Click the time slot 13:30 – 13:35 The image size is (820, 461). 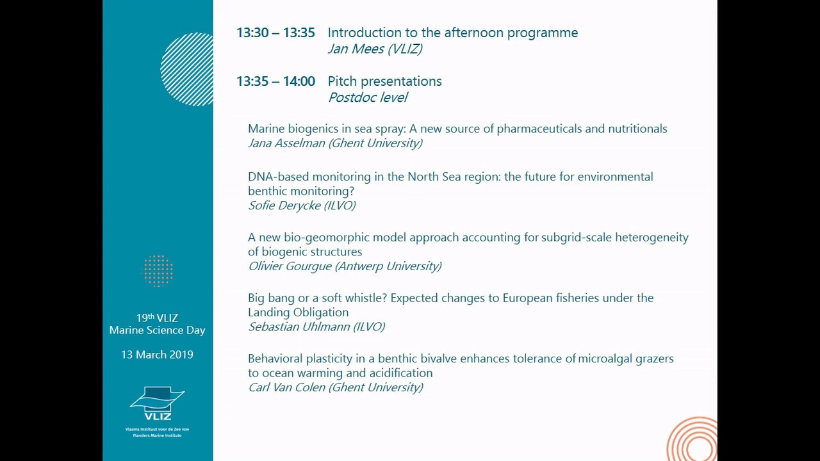275,33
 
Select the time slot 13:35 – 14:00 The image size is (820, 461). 275,81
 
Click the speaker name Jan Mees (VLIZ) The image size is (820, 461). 375,49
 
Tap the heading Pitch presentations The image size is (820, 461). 384,81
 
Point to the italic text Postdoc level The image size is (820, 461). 368,97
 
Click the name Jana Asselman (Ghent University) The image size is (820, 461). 335,143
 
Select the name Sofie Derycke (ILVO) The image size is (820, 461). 302,205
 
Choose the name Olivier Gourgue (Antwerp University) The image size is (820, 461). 345,266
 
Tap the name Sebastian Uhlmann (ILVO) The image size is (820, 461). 316,327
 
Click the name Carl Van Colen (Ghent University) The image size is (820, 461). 335,387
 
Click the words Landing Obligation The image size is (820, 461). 298,312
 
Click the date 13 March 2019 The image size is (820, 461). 157,355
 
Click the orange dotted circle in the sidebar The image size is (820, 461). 158,270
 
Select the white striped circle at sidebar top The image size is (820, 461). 188,69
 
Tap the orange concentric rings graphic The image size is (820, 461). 694,441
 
